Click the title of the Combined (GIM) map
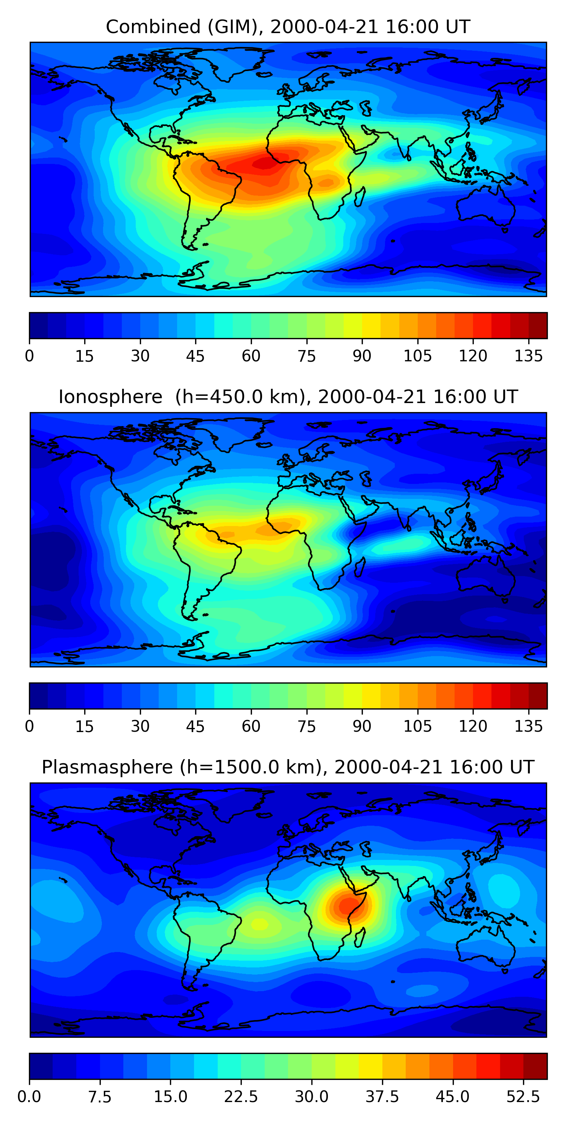[288, 27]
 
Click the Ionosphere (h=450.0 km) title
[288, 397]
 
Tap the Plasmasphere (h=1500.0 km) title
[288, 767]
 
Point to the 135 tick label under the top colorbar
[529, 356]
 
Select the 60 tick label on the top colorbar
[251, 356]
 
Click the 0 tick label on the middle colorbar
[29, 726]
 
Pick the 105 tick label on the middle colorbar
[417, 726]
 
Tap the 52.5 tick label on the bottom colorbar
[523, 1096]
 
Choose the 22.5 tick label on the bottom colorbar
[241, 1096]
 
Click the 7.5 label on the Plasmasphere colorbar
[100, 1096]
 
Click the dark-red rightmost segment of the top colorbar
[538, 325]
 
